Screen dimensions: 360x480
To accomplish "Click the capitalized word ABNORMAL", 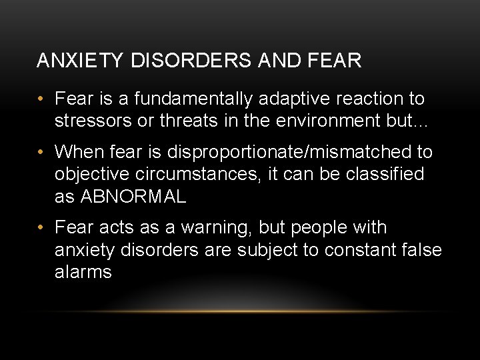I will pyautogui.click(x=133, y=197).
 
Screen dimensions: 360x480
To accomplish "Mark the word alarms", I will pyautogui.click(x=83, y=272).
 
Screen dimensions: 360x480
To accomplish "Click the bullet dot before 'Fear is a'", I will pyautogui.click(x=41, y=100).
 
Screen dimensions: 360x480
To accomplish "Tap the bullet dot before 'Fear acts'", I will pyautogui.click(x=41, y=229).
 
